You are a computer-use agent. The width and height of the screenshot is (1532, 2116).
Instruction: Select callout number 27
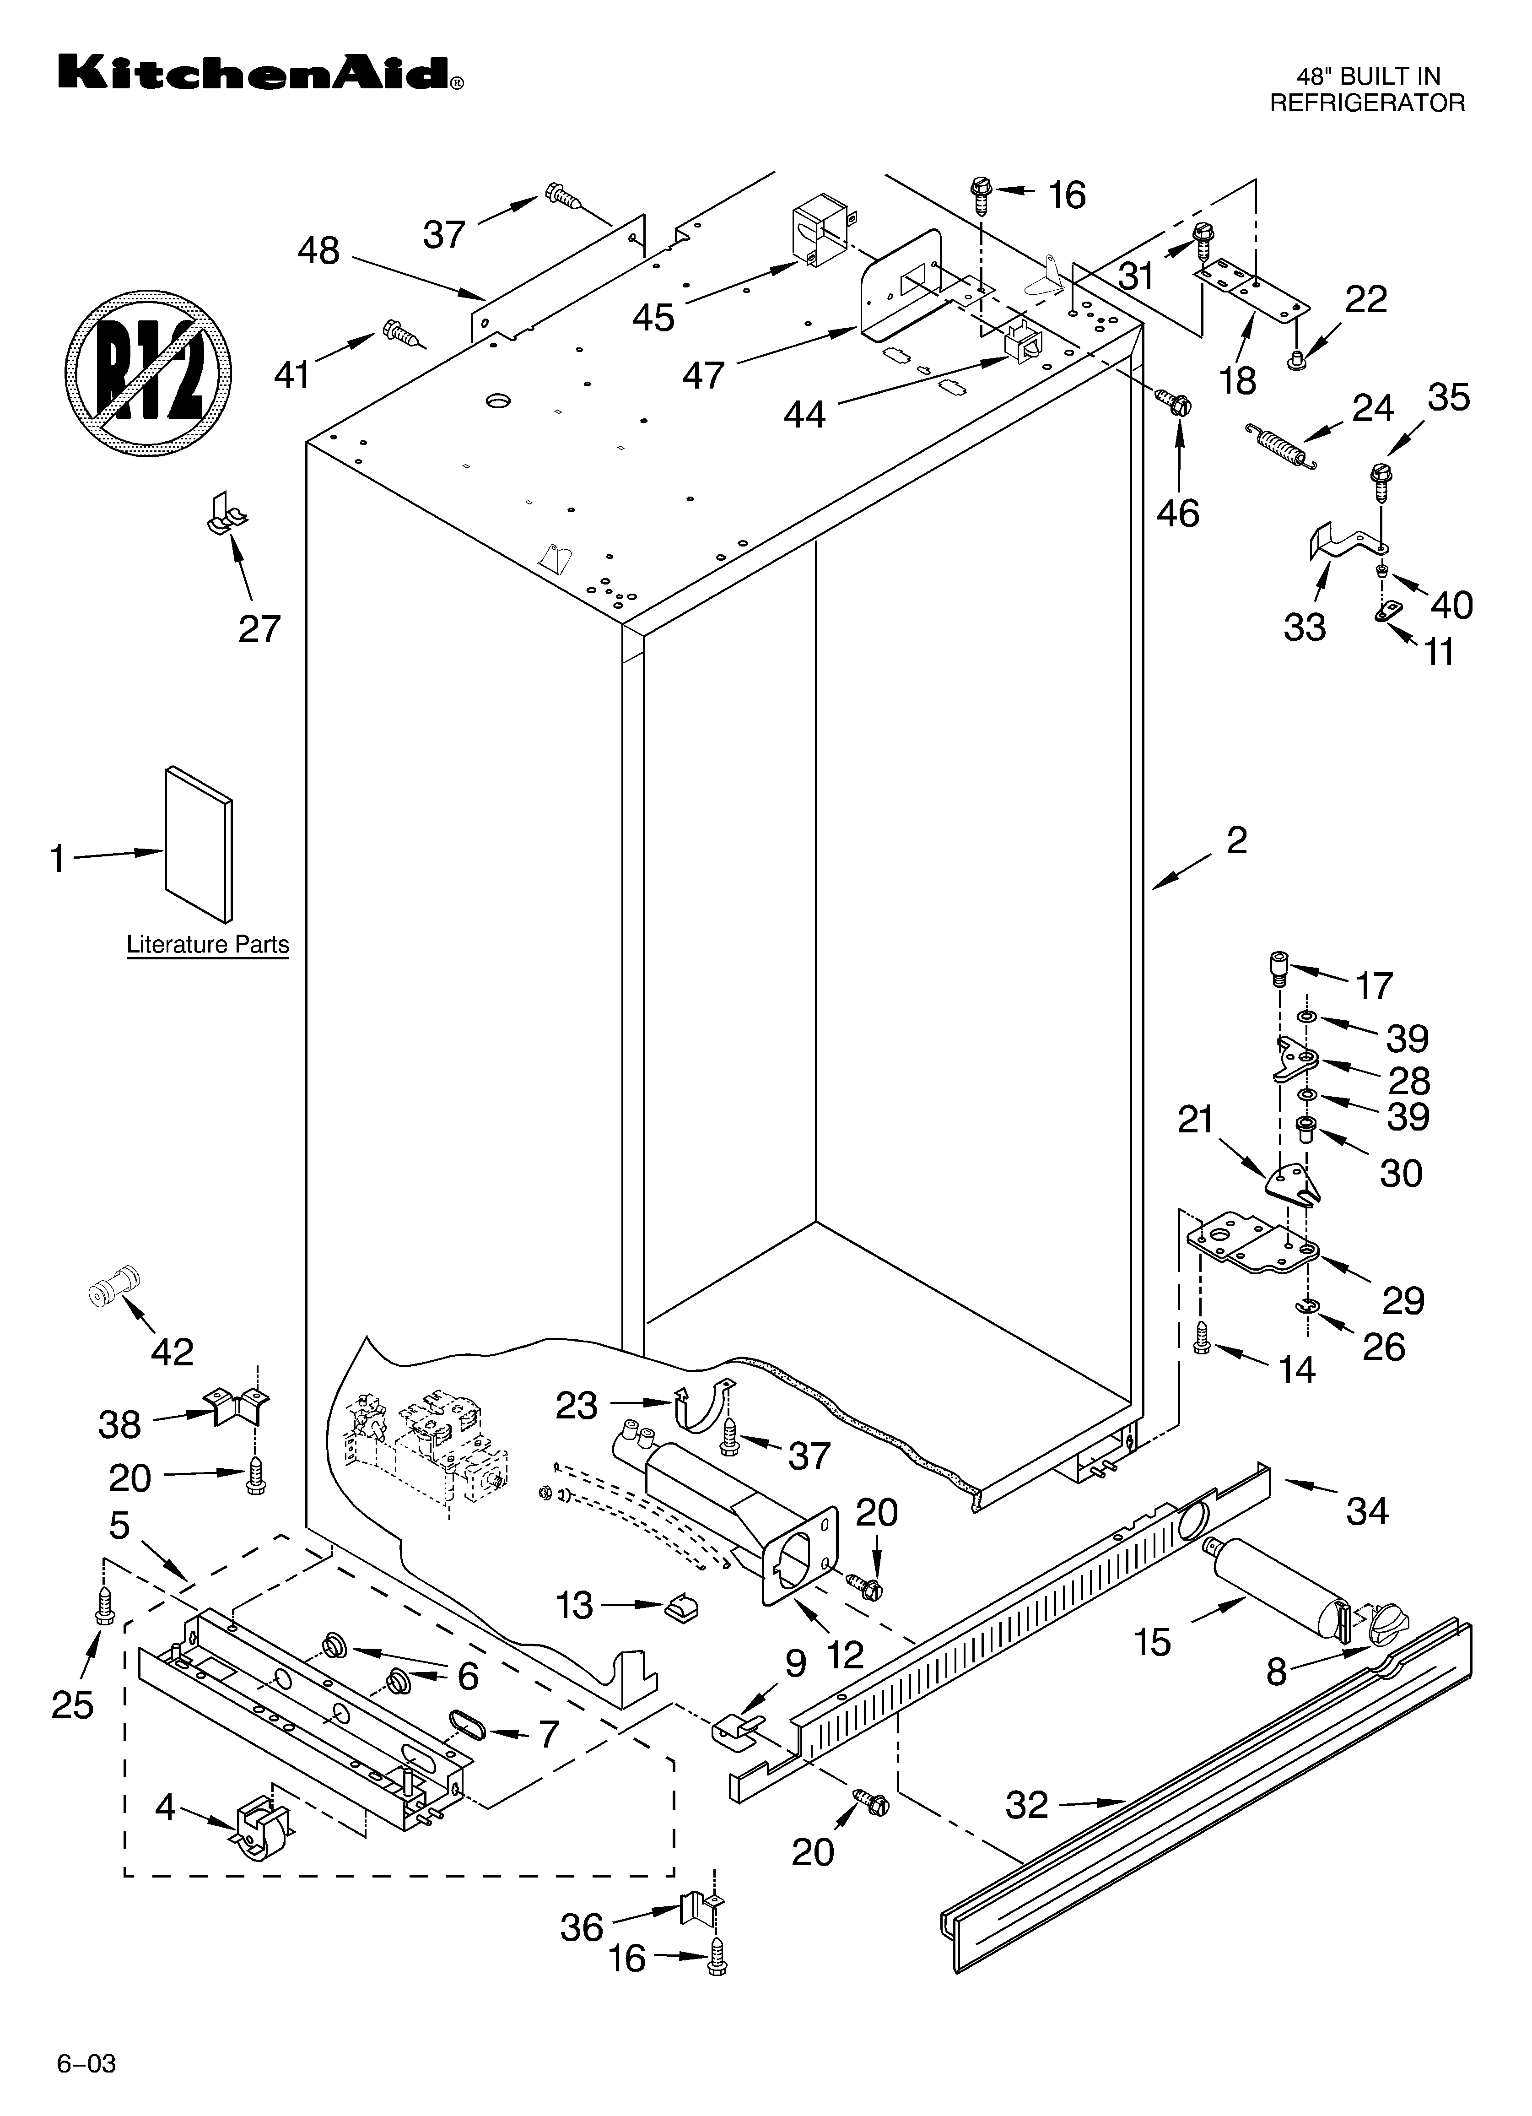click(259, 630)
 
